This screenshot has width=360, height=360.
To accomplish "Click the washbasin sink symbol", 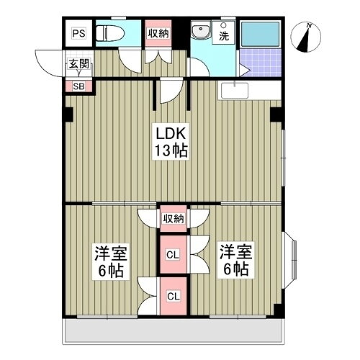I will [x=200, y=32].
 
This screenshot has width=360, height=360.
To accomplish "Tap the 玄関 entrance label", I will [x=78, y=64].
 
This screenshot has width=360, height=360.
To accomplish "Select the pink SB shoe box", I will [x=78, y=86].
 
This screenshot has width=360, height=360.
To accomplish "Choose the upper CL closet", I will [x=174, y=254].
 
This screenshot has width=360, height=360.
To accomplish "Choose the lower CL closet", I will [x=174, y=295].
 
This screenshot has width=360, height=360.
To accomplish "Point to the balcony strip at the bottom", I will [x=173, y=330].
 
